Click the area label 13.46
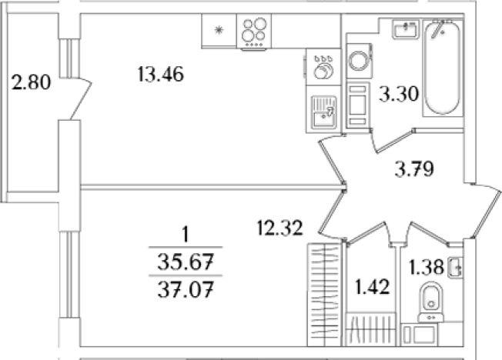coord(161,75)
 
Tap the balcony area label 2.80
coord(31,82)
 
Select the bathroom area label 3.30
coord(399,94)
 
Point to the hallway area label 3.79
coord(414,169)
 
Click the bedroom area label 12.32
coord(279,228)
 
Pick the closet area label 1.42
coord(373,286)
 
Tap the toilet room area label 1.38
coord(427,267)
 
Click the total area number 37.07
coord(186,289)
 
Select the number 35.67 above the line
coord(186,262)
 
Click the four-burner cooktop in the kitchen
coord(254,32)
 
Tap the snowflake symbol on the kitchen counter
coord(219,31)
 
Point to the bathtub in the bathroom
coord(442,67)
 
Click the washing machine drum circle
coord(360,60)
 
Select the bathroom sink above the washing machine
coord(405,29)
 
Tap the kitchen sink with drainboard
coord(323,112)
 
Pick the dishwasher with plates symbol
coord(323,67)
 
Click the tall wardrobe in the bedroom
coord(324,295)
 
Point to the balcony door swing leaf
coord(81,98)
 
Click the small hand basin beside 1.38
coord(455,267)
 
